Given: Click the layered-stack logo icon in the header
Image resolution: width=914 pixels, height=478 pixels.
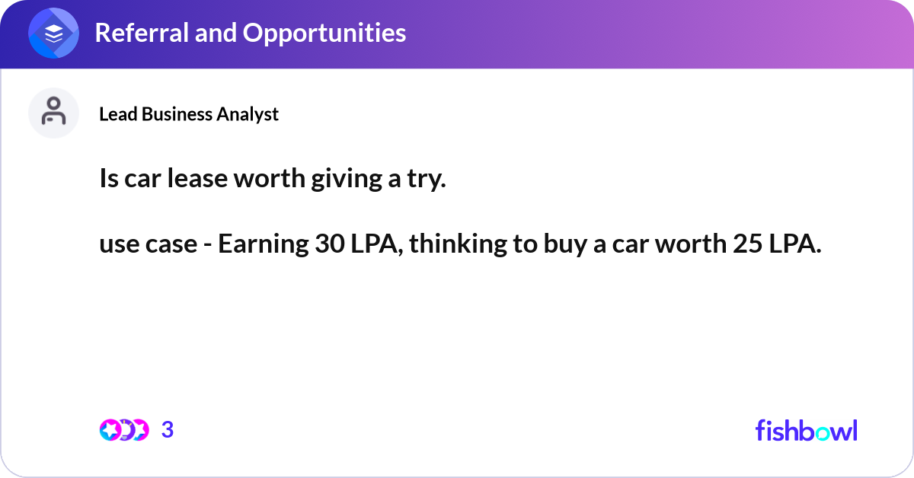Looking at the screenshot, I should coord(54,33).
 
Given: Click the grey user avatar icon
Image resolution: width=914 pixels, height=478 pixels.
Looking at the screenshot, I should coord(54,113).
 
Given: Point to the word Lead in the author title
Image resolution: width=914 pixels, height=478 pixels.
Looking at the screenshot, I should coord(114,114).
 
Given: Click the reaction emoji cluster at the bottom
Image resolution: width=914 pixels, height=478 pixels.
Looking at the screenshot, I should coord(124,430).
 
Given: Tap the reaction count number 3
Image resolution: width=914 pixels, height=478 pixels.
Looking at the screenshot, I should coord(168,430).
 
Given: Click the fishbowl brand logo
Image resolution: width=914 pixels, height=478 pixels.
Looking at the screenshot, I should coord(806,430).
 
